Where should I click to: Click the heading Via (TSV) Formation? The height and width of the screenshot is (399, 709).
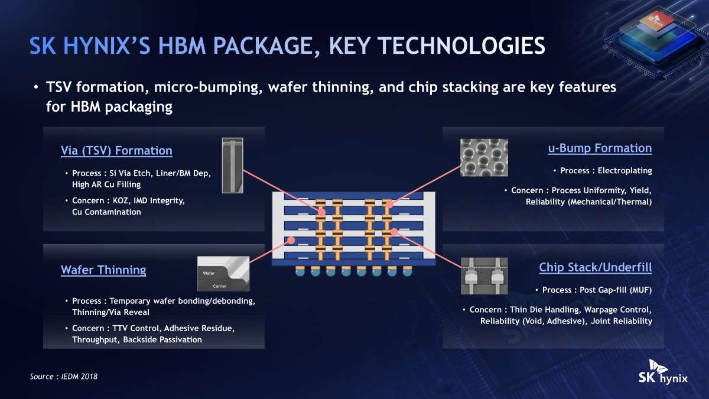(116, 151)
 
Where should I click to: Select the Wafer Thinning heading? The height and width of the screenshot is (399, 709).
(103, 270)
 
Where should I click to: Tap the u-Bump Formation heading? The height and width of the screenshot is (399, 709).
(600, 148)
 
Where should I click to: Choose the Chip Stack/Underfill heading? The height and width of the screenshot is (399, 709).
(596, 268)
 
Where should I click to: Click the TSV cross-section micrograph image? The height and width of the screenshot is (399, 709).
(233, 166)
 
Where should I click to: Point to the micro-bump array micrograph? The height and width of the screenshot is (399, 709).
(484, 157)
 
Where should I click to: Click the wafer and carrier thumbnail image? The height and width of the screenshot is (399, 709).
(223, 274)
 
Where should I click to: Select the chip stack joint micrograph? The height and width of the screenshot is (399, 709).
(484, 276)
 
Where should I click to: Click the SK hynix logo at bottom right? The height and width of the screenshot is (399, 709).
(663, 372)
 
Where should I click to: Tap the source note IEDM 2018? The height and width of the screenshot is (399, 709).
(64, 377)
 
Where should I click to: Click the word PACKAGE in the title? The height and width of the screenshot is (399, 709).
(264, 46)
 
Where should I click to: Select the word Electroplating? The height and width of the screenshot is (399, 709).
(625, 171)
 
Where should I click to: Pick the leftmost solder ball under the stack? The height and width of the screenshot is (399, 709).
(300, 271)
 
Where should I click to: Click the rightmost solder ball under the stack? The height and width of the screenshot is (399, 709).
(407, 271)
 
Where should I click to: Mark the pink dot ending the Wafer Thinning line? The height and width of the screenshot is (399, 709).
(291, 241)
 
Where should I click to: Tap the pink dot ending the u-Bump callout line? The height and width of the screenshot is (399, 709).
(389, 205)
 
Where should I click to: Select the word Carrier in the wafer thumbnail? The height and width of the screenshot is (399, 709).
(219, 286)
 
